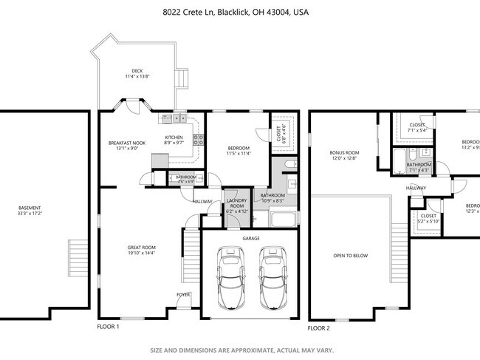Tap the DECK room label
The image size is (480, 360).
click(x=137, y=72)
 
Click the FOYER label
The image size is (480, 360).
click(x=182, y=294)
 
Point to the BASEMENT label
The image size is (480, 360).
click(x=30, y=208)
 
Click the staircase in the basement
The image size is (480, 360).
click(x=77, y=257)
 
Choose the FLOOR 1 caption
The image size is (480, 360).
click(x=108, y=326)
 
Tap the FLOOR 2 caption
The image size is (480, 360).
click(x=319, y=327)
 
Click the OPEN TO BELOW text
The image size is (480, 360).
click(x=350, y=256)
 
